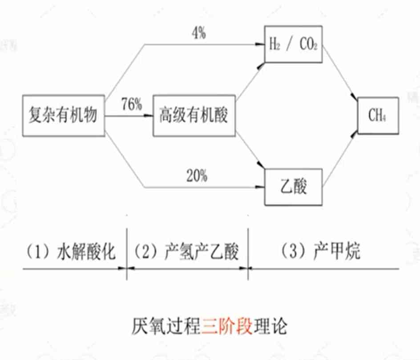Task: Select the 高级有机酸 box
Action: [x=194, y=116]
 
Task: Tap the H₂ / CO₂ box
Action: [x=292, y=44]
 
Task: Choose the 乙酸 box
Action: [x=292, y=187]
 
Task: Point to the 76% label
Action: [x=131, y=105]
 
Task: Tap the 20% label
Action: [x=196, y=176]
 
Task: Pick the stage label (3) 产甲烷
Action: [x=321, y=252]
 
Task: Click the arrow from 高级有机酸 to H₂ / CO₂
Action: [x=250, y=80]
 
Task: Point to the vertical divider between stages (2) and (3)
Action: [x=248, y=253]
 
